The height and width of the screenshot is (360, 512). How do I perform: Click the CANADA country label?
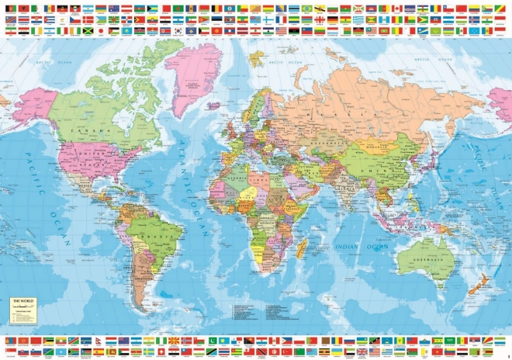click(90, 131)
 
